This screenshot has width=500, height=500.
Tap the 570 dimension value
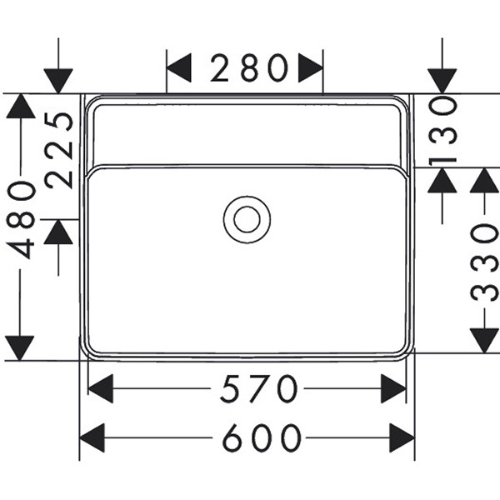(x=259, y=389)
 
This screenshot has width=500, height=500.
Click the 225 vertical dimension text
(x=59, y=150)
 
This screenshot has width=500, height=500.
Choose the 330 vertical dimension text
(x=484, y=261)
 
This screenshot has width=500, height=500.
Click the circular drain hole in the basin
(x=247, y=219)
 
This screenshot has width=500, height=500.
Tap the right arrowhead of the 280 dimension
(x=311, y=68)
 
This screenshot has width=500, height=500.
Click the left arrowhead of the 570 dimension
(x=100, y=389)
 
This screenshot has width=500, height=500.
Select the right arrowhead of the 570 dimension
(x=393, y=389)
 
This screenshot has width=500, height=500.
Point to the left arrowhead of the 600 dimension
(x=92, y=437)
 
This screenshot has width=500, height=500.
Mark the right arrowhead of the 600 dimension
(x=402, y=437)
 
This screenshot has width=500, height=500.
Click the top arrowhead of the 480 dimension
(x=20, y=107)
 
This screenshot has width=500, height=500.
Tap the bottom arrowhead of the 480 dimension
(x=20, y=348)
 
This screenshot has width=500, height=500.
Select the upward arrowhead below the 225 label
(x=58, y=232)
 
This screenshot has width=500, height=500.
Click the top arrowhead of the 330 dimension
(x=484, y=181)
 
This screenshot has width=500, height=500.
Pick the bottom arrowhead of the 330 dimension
(x=484, y=340)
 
